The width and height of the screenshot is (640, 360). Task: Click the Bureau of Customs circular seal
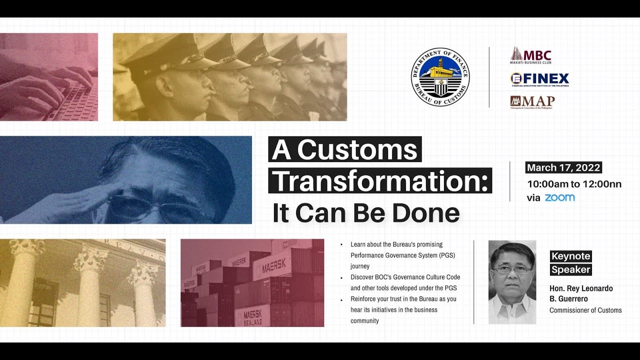tap(440, 77)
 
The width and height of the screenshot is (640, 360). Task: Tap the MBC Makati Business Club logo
tap(530, 56)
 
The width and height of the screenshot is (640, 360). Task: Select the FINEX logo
tap(539, 79)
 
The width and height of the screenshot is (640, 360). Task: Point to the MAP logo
tap(532, 102)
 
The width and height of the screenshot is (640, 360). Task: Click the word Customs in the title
tap(358, 149)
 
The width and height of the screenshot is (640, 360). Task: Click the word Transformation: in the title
tap(380, 181)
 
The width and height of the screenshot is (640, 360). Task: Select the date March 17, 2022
tap(563, 167)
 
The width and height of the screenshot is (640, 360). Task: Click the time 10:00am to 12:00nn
tap(574, 184)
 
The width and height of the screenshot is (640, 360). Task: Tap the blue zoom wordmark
tap(559, 197)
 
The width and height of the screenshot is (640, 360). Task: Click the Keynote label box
tap(570, 256)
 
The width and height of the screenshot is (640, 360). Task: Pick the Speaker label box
tap(570, 270)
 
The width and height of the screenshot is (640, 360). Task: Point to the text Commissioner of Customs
tap(585, 310)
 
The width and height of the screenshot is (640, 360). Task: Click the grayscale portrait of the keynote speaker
tap(512, 282)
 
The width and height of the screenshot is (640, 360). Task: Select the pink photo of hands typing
tap(48, 77)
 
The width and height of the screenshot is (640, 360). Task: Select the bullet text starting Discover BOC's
tap(405, 282)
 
